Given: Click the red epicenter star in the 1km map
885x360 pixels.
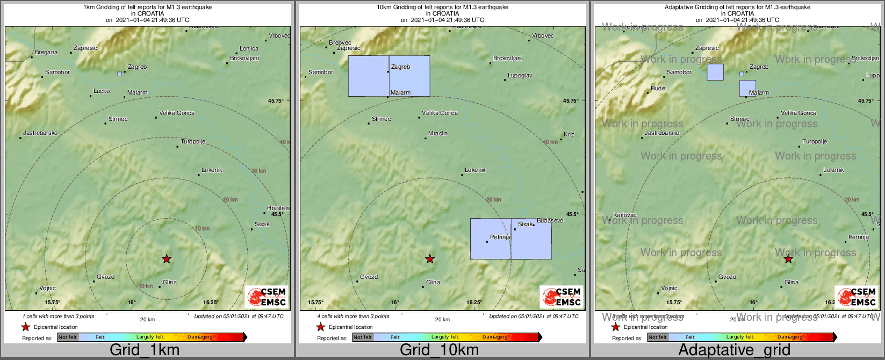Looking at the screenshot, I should tap(167, 259).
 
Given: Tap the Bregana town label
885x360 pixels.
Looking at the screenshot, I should tap(46, 53).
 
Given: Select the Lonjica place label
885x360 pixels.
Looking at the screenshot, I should tap(249, 49).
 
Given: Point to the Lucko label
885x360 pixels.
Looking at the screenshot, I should tap(102, 91).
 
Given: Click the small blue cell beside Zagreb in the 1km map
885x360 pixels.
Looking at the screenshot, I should tap(119, 74).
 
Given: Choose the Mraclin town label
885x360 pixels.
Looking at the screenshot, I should tap(438, 133).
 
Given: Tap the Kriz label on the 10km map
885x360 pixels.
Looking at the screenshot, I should tap(569, 134).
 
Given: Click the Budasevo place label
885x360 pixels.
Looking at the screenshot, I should tap(550, 221).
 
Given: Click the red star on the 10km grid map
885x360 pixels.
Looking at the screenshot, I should tap(430, 259).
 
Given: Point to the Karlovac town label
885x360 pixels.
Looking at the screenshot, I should tap(624, 215).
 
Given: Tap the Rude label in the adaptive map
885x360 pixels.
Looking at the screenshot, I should tap(658, 89).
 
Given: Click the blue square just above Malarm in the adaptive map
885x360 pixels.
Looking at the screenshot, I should tap(747, 88).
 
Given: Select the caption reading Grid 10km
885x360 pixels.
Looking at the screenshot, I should tap(439, 350).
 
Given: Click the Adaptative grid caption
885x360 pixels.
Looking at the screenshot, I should tap(734, 350).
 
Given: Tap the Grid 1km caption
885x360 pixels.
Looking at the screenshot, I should tap(145, 350).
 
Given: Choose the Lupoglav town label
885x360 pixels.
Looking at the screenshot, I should tap(520, 76).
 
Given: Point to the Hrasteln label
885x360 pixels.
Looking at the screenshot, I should tap(278, 208).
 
